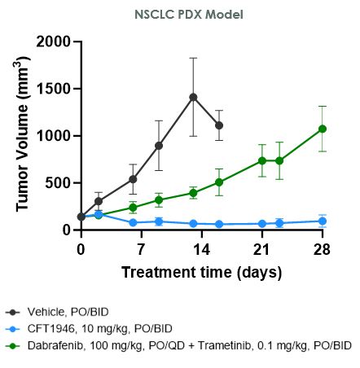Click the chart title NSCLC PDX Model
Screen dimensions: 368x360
point(179,15)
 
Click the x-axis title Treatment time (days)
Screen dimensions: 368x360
point(201,272)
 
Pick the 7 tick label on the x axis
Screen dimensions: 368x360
point(141,248)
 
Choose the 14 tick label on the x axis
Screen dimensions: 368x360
point(201,248)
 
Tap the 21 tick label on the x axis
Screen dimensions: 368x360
point(261,248)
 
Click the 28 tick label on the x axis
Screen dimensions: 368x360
point(323,248)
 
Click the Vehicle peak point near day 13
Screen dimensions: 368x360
point(193,97)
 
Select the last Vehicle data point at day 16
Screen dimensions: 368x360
point(219,125)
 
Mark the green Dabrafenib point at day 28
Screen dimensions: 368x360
point(323,129)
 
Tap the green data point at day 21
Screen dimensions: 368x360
point(262,160)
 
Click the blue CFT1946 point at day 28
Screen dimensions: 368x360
point(323,221)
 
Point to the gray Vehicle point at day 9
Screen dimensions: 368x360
point(159,146)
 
